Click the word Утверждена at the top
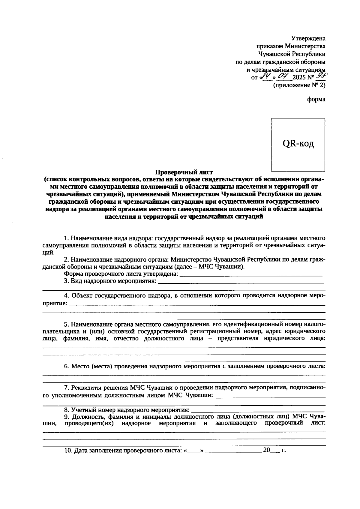(x=308, y=38)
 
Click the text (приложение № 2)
(x=299, y=85)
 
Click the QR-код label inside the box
(x=298, y=144)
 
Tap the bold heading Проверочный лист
(x=184, y=172)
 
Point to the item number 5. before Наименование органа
(x=67, y=324)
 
